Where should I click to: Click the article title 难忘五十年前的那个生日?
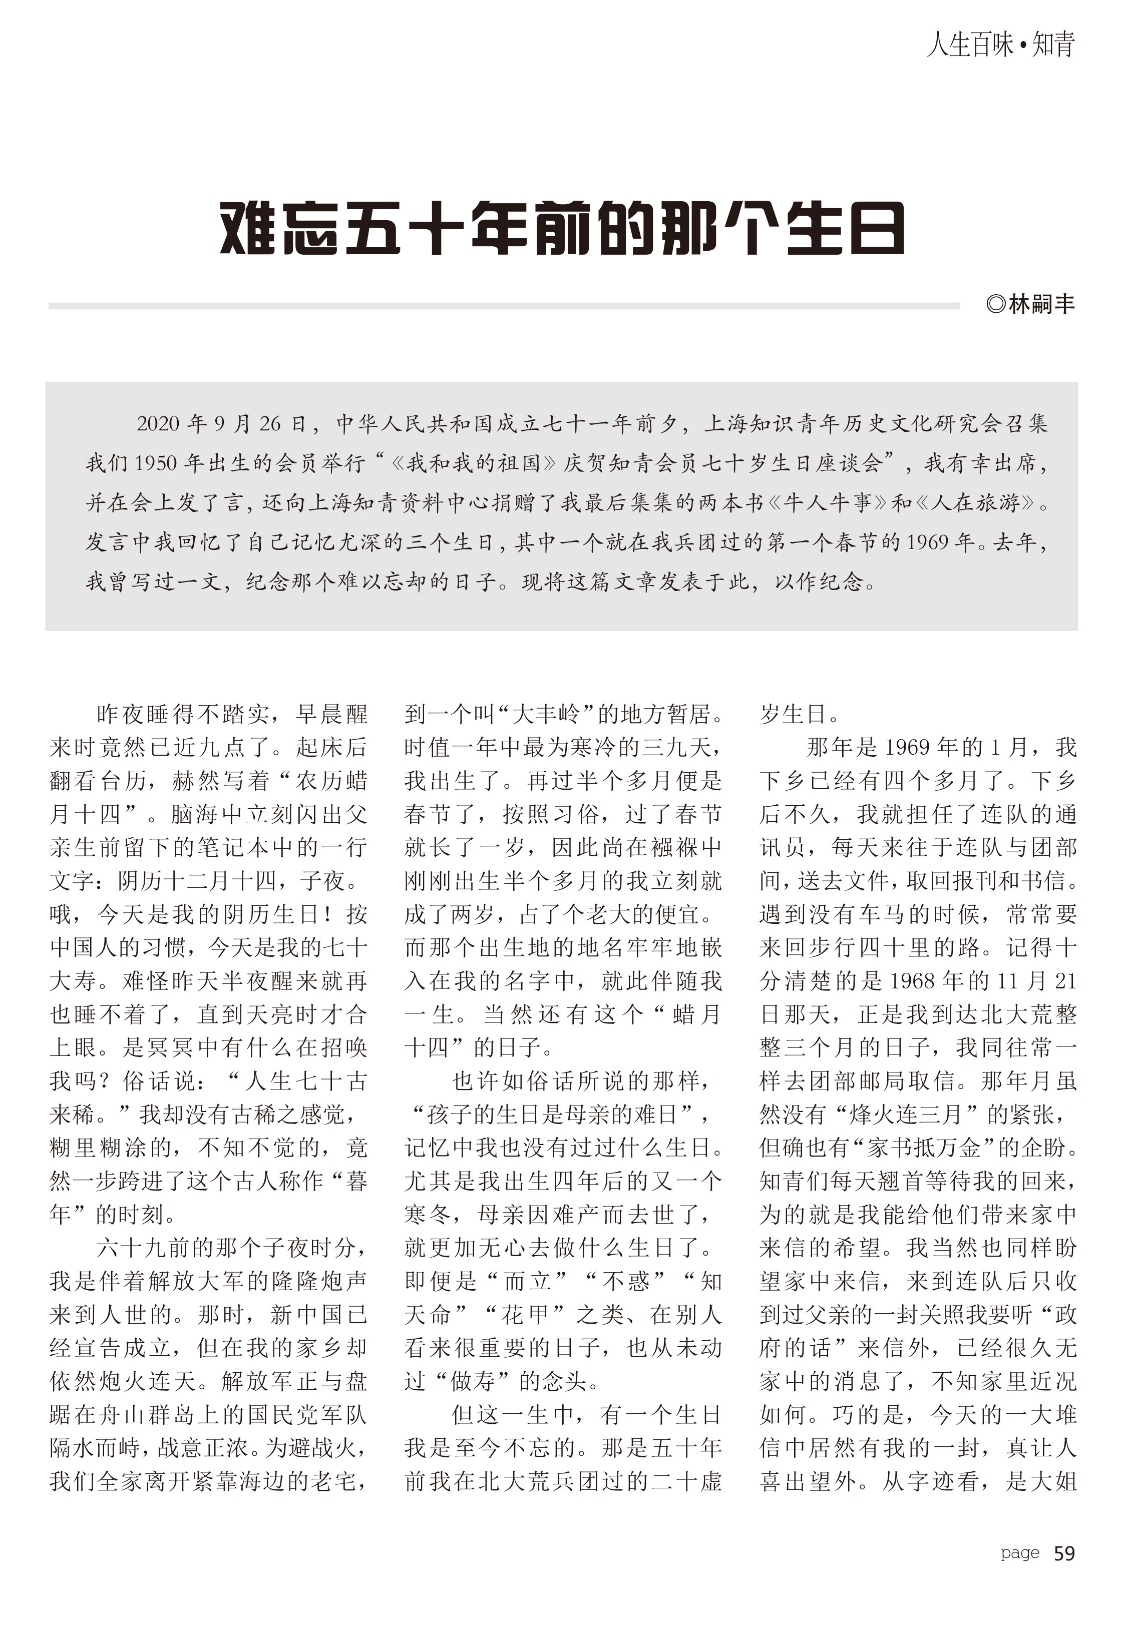point(562,228)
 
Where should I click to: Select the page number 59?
point(1064,1554)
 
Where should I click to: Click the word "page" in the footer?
point(1020,1554)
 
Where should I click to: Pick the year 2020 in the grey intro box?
point(158,424)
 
